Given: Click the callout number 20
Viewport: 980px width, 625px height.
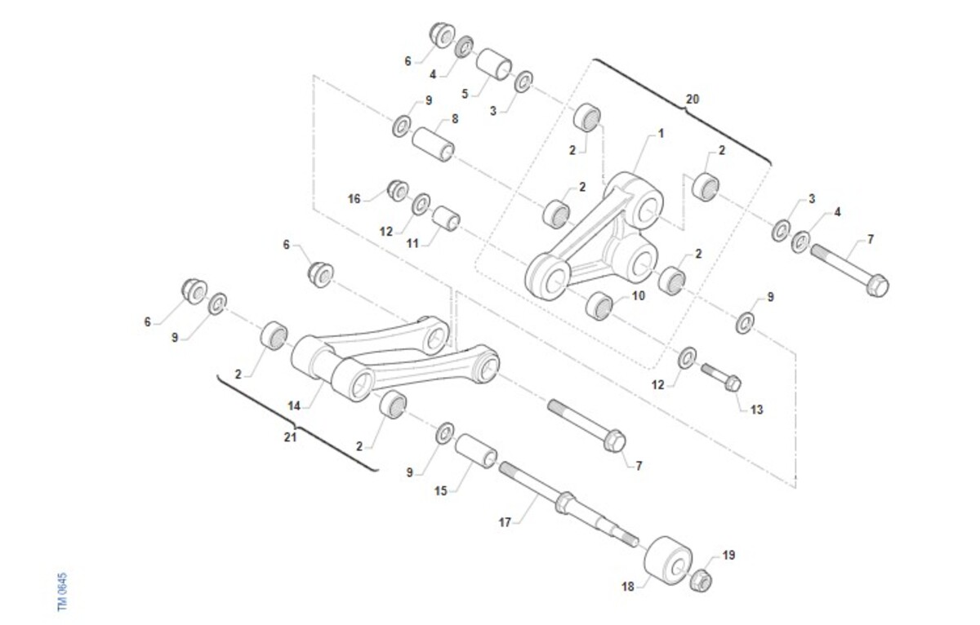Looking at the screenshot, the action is pyautogui.click(x=693, y=100).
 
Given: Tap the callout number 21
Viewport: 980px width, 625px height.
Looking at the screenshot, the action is pyautogui.click(x=290, y=437).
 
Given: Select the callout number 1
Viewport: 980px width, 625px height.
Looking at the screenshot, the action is pyautogui.click(x=661, y=133).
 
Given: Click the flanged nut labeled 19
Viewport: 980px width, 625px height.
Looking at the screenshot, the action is pyautogui.click(x=701, y=580).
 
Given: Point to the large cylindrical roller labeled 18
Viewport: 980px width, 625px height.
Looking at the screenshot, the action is pyautogui.click(x=668, y=560).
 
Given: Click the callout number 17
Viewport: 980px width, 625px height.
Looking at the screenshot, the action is pyautogui.click(x=505, y=522).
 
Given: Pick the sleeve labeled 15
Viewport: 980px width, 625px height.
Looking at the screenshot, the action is pyautogui.click(x=476, y=450).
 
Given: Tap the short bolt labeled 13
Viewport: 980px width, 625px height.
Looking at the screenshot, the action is pyautogui.click(x=721, y=377).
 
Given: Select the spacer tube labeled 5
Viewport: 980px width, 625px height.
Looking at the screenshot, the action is pyautogui.click(x=494, y=64).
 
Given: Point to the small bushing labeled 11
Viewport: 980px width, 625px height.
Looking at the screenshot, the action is pyautogui.click(x=446, y=217).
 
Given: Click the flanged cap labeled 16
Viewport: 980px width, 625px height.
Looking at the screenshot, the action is pyautogui.click(x=398, y=191).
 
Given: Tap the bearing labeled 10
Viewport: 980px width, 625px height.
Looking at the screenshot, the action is pyautogui.click(x=599, y=306).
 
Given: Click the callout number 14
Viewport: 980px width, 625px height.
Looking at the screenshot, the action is pyautogui.click(x=293, y=406).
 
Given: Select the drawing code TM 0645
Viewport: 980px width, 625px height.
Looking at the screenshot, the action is pyautogui.click(x=63, y=592).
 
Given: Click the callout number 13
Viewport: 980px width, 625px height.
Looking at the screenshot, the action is pyautogui.click(x=756, y=410).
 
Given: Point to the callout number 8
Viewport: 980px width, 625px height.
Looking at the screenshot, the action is pyautogui.click(x=455, y=118).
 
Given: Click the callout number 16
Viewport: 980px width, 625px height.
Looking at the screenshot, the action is pyautogui.click(x=354, y=199).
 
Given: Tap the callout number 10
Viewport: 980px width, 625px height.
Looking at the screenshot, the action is pyautogui.click(x=639, y=296).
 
